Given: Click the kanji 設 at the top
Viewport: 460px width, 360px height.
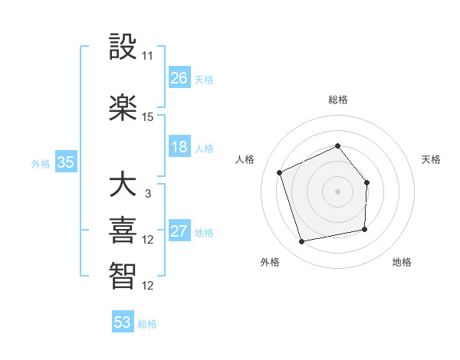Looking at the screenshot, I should pyautogui.click(x=123, y=47).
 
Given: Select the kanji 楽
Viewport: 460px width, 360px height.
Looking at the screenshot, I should pyautogui.click(x=123, y=108).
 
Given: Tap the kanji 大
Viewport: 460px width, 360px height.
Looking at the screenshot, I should pyautogui.click(x=123, y=186).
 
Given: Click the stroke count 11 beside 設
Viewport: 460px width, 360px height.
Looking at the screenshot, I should pyautogui.click(x=148, y=56).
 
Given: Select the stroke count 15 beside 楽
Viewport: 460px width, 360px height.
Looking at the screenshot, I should pyautogui.click(x=148, y=117).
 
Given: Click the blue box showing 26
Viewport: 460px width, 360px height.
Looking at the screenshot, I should pyautogui.click(x=179, y=78).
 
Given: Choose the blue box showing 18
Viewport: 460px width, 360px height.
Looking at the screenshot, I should pyautogui.click(x=179, y=147).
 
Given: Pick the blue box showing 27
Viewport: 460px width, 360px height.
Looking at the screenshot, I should pyautogui.click(x=179, y=232).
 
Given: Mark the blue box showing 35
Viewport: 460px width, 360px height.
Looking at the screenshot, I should pyautogui.click(x=66, y=162).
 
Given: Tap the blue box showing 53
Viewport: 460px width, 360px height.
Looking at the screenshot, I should pyautogui.click(x=123, y=322).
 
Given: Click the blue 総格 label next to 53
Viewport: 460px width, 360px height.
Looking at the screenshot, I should pyautogui.click(x=148, y=324).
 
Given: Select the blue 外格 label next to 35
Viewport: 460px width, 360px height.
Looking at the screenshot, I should pyautogui.click(x=41, y=163).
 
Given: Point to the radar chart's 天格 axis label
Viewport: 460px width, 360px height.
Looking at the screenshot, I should pyautogui.click(x=431, y=159).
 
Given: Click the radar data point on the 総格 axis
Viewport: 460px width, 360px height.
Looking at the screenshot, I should pyautogui.click(x=337, y=146).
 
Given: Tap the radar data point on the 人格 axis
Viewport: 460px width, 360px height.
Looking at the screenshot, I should pyautogui.click(x=280, y=172).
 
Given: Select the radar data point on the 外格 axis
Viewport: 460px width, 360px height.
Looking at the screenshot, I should pyautogui.click(x=302, y=242).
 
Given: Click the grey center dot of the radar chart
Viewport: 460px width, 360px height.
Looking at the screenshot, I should pyautogui.click(x=337, y=191).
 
